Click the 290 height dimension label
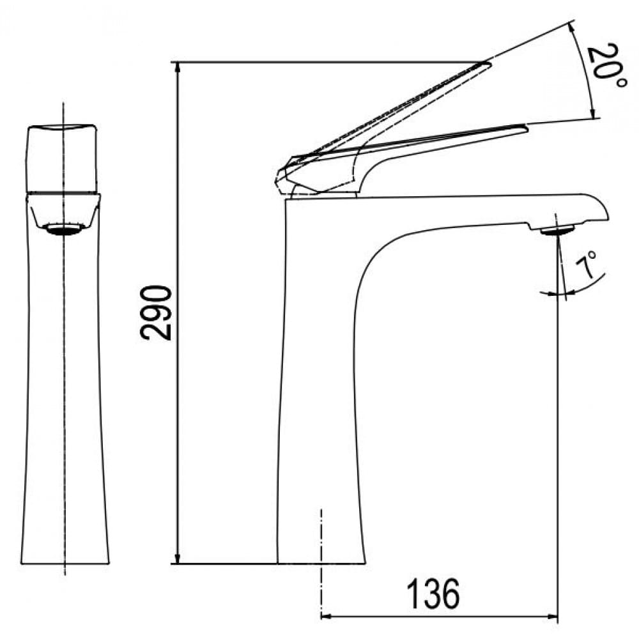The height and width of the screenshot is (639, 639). [155, 313]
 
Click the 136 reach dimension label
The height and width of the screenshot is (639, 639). [433, 594]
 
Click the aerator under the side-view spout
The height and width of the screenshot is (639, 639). [557, 231]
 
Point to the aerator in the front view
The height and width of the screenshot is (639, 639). [65, 229]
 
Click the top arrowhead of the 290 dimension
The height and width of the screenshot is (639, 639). [178, 68]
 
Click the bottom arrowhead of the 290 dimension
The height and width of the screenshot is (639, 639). [178, 557]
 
